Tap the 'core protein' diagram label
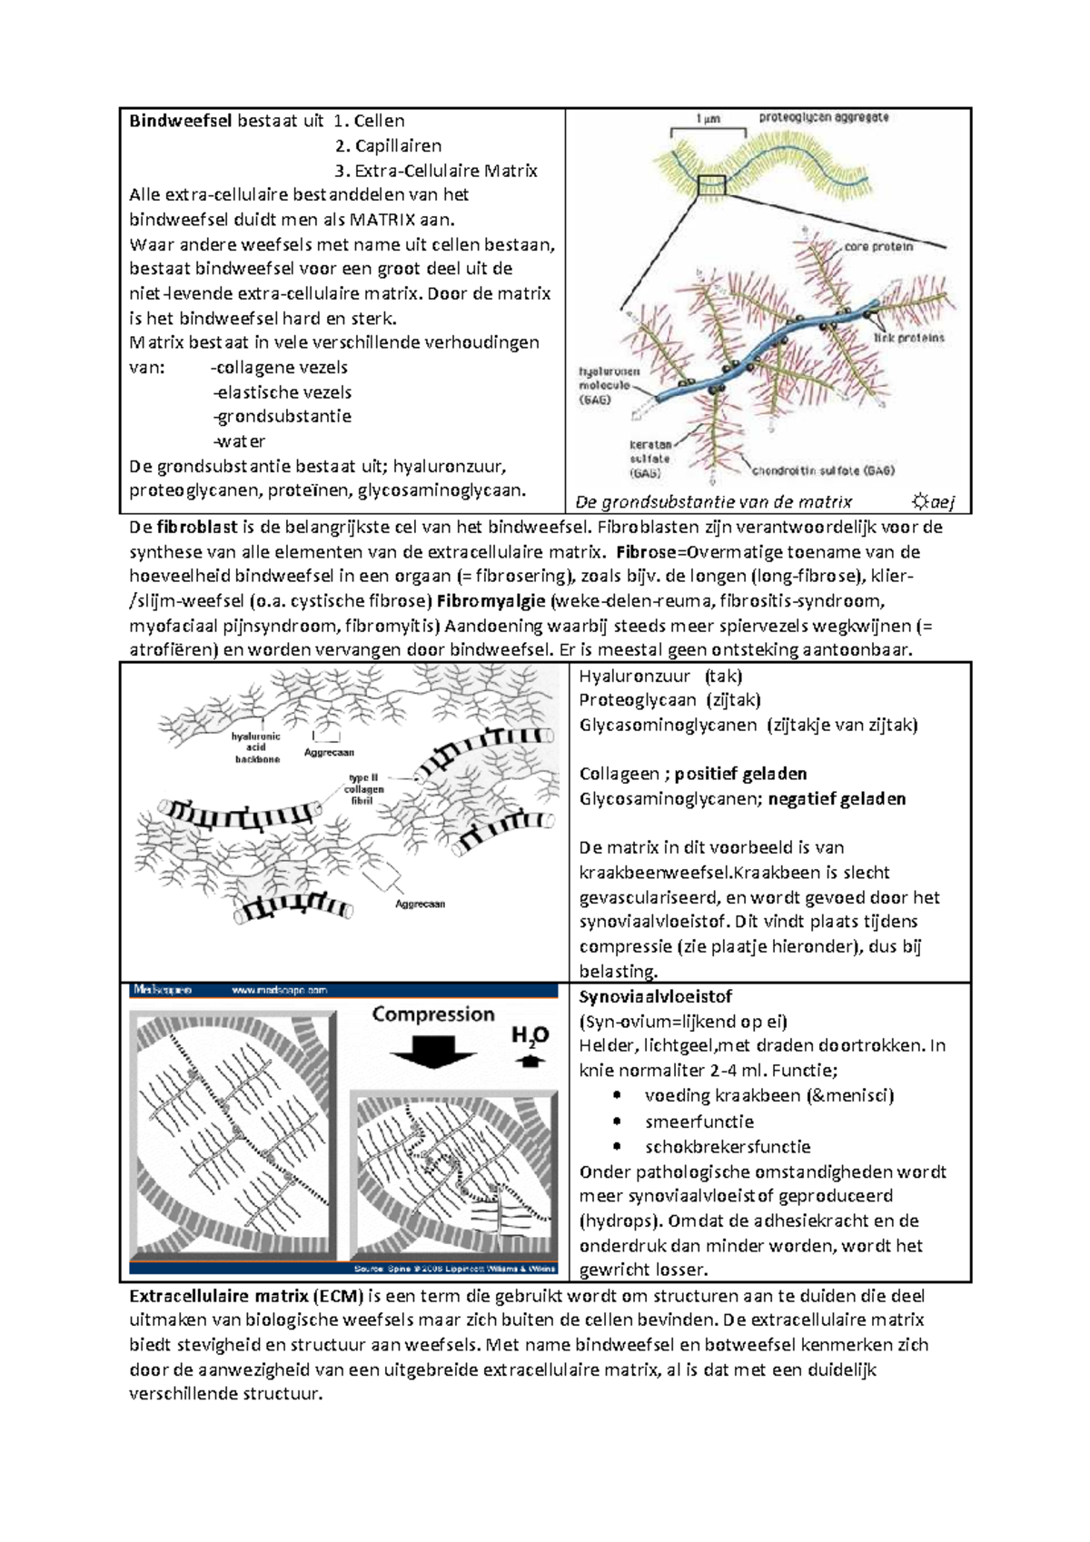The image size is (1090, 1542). click(x=877, y=246)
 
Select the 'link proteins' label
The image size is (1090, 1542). click(x=908, y=338)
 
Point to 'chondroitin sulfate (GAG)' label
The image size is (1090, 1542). click(x=823, y=470)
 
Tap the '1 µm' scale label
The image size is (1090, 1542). click(x=708, y=119)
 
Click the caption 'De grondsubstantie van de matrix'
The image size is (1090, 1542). click(x=714, y=501)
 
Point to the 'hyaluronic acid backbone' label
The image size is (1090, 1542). click(x=257, y=747)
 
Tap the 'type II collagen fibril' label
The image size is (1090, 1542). click(x=363, y=789)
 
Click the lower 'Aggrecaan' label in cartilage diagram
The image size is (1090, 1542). click(x=420, y=904)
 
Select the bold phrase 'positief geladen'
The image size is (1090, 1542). click(x=740, y=774)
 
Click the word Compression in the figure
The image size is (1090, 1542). click(x=433, y=1014)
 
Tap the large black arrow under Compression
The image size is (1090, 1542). click(x=433, y=1053)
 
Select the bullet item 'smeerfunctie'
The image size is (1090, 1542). click(x=699, y=1122)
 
